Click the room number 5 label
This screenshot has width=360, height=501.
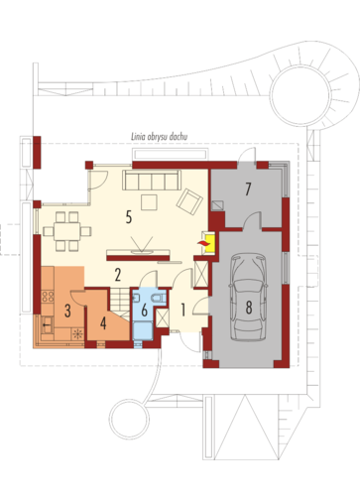129,217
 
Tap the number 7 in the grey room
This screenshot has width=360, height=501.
248,188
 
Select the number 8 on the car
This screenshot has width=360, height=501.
249,308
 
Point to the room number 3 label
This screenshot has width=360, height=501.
67,311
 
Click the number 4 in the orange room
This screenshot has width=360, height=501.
103,323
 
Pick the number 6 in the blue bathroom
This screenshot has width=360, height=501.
144,311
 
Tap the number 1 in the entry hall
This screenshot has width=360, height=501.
182,310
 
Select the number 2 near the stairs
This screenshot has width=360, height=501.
118,275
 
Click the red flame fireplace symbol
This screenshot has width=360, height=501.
204,243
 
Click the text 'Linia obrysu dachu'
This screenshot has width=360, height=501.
160,137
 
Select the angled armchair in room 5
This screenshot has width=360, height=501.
189,201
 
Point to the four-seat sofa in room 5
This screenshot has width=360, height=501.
152,181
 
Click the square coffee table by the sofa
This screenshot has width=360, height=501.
149,202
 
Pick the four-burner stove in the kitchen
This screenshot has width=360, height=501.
48,297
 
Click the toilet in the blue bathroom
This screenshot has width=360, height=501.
158,298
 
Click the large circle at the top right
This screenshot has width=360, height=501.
300,95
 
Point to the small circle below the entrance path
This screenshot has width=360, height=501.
129,419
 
